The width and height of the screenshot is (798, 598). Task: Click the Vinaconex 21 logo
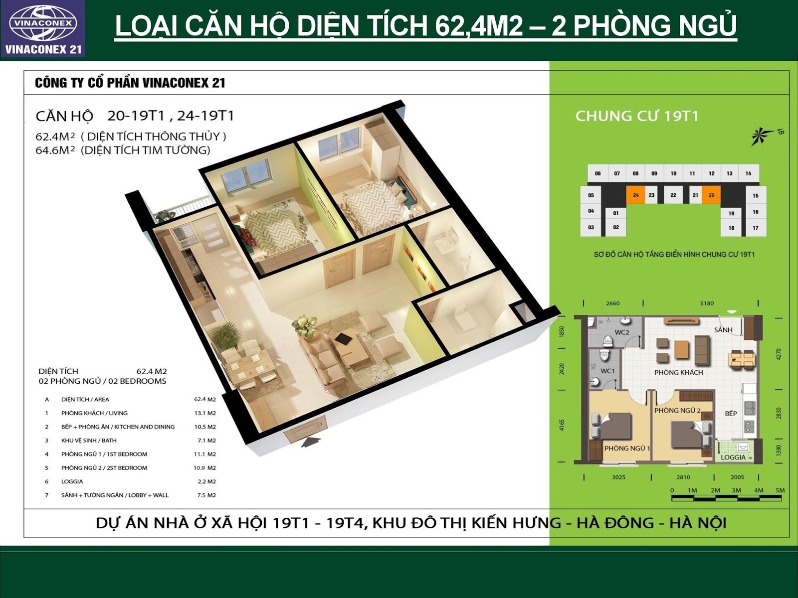click(43, 29)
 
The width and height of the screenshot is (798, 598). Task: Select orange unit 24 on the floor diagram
click(635, 195)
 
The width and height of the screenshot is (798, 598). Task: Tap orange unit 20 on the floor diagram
click(711, 195)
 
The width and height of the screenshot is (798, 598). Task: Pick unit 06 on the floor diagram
click(598, 173)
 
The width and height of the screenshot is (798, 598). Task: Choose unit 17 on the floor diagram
click(756, 228)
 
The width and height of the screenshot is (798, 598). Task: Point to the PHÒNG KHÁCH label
click(678, 373)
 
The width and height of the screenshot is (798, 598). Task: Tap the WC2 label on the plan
click(621, 332)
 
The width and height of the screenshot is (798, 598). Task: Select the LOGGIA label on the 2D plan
click(733, 457)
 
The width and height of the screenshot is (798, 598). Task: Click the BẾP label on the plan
click(731, 413)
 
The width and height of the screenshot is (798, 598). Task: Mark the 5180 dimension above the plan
click(707, 303)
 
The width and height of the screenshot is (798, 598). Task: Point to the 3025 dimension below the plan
click(618, 477)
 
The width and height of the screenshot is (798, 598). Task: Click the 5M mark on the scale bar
click(780, 490)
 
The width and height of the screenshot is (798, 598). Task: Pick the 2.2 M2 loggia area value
click(206, 481)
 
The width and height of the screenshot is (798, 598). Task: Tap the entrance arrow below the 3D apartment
click(311, 442)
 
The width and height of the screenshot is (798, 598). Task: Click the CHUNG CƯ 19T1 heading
click(636, 116)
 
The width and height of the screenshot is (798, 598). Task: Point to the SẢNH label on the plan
click(723, 330)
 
